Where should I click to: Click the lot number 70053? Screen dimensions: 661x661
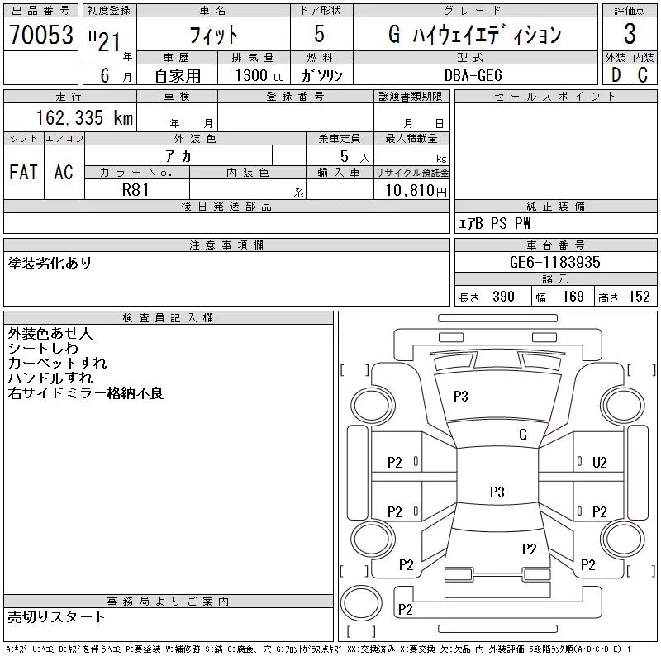(x=40, y=35)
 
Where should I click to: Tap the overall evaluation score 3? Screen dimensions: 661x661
(x=630, y=35)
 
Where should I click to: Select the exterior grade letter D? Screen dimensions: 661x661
(x=615, y=74)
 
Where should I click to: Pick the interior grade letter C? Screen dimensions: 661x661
(x=642, y=74)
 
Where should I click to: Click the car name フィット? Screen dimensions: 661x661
(x=213, y=35)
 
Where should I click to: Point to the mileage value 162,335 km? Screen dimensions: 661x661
(x=83, y=117)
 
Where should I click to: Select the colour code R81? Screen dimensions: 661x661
(x=136, y=190)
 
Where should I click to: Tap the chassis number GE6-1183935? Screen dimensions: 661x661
(x=555, y=262)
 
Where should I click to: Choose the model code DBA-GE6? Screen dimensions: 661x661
(x=481, y=74)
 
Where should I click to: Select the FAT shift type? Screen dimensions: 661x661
(x=23, y=172)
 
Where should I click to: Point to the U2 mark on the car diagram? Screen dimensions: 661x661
(x=600, y=463)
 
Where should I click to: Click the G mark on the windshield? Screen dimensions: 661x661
(x=522, y=435)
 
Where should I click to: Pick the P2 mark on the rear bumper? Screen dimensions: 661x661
(x=405, y=610)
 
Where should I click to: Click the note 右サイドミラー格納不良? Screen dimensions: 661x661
(x=86, y=393)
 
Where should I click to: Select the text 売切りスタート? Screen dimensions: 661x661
(x=56, y=616)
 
